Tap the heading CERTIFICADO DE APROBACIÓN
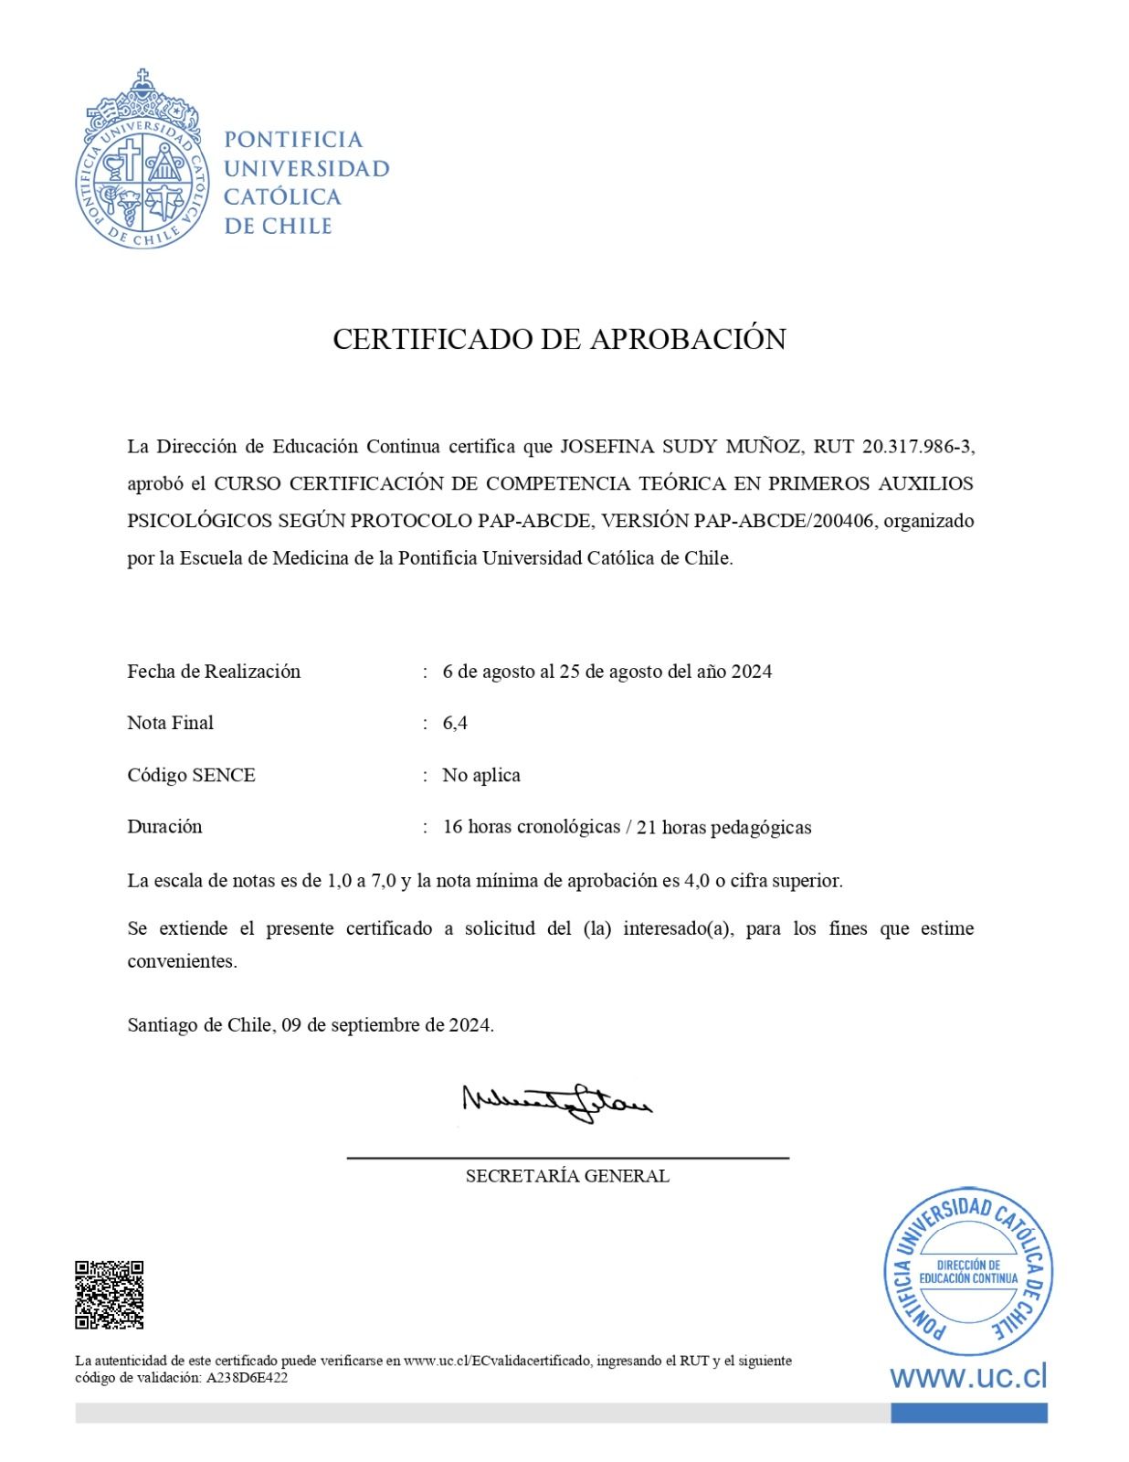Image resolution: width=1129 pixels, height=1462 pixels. [x=559, y=339]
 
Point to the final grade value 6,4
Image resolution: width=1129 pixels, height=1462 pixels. [x=455, y=723]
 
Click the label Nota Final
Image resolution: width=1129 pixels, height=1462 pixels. [x=170, y=723]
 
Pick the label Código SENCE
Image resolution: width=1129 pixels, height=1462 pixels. [x=191, y=775]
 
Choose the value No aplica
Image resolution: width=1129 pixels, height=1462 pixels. [x=481, y=775]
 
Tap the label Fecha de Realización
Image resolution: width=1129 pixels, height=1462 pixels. [x=214, y=672]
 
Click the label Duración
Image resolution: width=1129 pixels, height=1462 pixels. [x=164, y=826]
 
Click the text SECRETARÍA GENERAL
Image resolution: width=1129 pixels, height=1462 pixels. [x=567, y=1176]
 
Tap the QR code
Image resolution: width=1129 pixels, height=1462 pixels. [x=109, y=1295]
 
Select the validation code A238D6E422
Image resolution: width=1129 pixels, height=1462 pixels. [x=248, y=1378]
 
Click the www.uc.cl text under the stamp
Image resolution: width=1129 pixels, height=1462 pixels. [x=968, y=1376]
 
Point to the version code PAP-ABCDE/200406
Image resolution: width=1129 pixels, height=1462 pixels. [x=785, y=521]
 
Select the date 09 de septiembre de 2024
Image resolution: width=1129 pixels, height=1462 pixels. [x=386, y=1024]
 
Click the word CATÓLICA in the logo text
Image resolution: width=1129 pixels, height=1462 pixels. [x=282, y=196]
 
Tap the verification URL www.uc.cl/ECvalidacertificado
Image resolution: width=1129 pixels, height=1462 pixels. [x=498, y=1361]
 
